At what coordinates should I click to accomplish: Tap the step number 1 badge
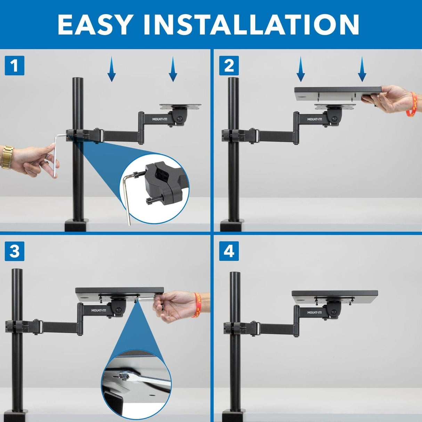click(x=14, y=66)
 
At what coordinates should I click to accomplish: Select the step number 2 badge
click(x=229, y=66)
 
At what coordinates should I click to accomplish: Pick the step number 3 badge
click(x=14, y=251)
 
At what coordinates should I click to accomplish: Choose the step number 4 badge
click(x=229, y=251)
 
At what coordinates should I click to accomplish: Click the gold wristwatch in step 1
click(x=7, y=157)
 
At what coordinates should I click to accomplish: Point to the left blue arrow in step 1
click(x=111, y=70)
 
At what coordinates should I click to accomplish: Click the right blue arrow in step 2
click(x=362, y=70)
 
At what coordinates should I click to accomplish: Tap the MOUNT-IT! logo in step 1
click(x=159, y=119)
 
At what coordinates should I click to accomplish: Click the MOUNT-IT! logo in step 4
click(x=314, y=313)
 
